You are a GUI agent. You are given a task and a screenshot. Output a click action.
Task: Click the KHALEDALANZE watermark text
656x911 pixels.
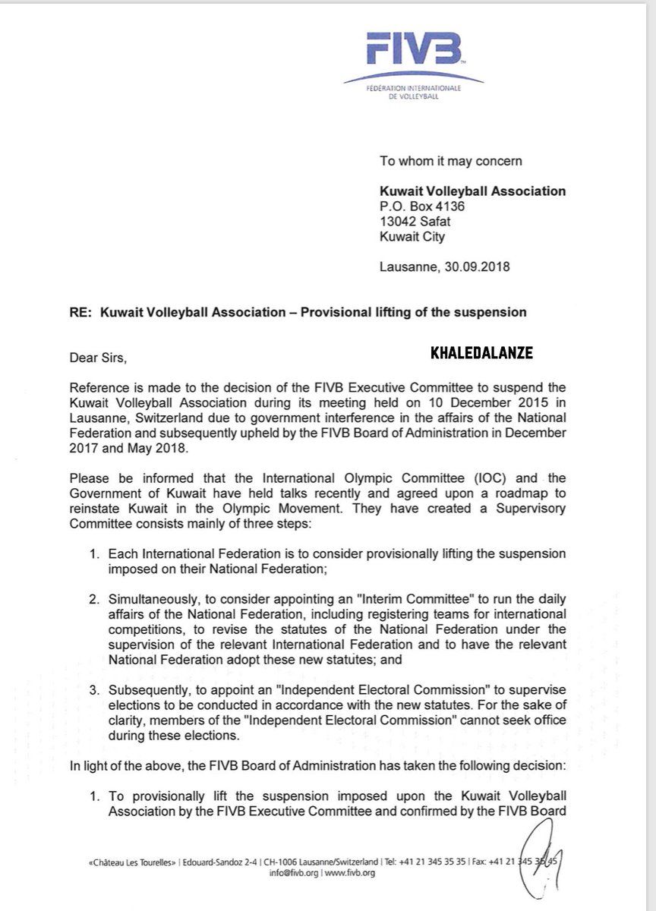click(x=480, y=353)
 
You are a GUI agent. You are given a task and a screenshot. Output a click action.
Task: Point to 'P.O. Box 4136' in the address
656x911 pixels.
click(x=422, y=206)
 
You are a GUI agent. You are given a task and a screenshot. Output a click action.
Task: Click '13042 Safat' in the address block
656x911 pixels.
click(x=416, y=222)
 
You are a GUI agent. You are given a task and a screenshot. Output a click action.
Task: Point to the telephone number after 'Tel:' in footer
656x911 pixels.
click(x=440, y=862)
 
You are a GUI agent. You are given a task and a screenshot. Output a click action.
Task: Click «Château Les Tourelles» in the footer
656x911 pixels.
click(x=134, y=862)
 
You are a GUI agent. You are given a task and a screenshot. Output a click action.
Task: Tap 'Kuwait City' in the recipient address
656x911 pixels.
click(x=412, y=237)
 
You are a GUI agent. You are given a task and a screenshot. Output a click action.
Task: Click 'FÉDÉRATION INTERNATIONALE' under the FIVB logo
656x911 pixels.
click(x=414, y=90)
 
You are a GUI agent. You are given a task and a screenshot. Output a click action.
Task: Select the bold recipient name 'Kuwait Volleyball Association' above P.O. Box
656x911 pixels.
click(x=472, y=191)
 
